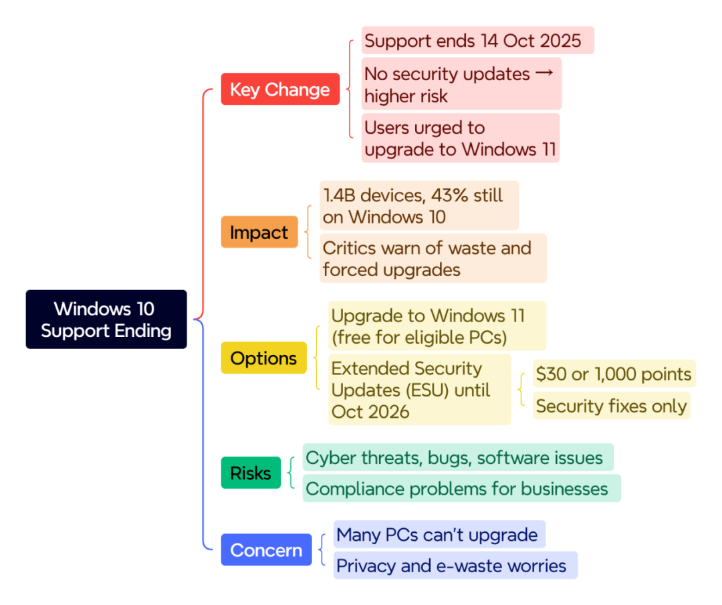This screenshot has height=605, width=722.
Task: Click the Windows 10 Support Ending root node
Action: [x=106, y=319]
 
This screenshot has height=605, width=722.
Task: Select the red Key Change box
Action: [x=279, y=90]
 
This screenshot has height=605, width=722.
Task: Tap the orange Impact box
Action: [x=259, y=233]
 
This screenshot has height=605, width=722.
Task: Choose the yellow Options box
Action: [x=263, y=358]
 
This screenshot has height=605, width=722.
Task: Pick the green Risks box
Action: [x=250, y=473]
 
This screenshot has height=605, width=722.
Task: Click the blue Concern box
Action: [x=266, y=550]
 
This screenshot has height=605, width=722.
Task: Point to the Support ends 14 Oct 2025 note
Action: [x=477, y=41]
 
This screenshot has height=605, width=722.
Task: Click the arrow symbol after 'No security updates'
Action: [x=545, y=73]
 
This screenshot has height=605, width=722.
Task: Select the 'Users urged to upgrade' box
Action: [x=460, y=138]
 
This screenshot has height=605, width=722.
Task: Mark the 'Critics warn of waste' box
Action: [x=433, y=258]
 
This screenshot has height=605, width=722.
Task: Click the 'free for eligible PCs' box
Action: [x=437, y=326]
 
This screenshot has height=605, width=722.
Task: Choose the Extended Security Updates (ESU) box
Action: [x=419, y=389]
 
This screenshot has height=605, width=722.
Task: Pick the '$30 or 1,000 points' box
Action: [x=613, y=374]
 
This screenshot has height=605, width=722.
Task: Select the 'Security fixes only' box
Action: [x=611, y=406]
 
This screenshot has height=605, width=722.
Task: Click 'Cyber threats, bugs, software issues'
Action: [x=457, y=457]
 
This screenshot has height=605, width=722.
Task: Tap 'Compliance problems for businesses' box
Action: [x=461, y=489]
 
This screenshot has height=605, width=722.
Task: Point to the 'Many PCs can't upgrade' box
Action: [x=439, y=535]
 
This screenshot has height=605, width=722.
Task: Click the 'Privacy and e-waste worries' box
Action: [x=455, y=566]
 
